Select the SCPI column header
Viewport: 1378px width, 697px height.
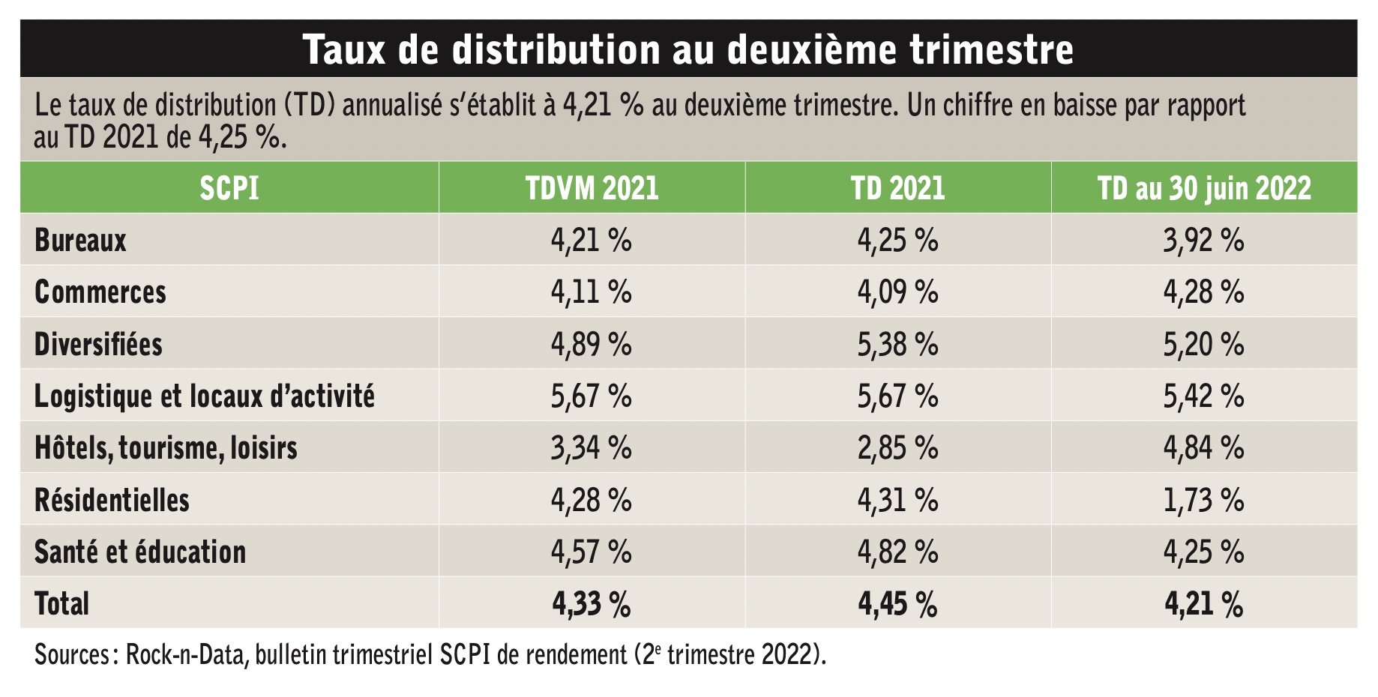pyautogui.click(x=229, y=187)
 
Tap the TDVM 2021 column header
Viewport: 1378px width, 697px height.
pyautogui.click(x=592, y=187)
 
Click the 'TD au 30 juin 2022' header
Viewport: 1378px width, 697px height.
pyautogui.click(x=1204, y=188)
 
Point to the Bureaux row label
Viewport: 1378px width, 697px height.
pyautogui.click(x=80, y=240)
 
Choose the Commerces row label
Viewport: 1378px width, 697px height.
pyautogui.click(x=100, y=292)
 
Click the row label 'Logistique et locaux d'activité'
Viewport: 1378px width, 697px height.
pyautogui.click(x=205, y=396)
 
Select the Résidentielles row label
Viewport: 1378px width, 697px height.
pyautogui.click(x=112, y=500)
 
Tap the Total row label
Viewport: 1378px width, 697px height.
pyautogui.click(x=61, y=603)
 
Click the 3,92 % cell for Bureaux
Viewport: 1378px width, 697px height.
pyautogui.click(x=1204, y=241)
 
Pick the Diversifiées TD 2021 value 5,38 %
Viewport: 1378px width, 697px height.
pyautogui.click(x=898, y=344)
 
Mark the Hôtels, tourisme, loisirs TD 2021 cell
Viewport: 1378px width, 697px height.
pyautogui.click(x=898, y=448)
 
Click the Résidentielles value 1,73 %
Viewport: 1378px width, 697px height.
pyautogui.click(x=1204, y=500)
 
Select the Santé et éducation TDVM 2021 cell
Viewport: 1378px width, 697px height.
pyautogui.click(x=592, y=552)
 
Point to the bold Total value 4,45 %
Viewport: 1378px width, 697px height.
pyautogui.click(x=898, y=604)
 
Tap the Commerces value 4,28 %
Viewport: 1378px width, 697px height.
pyautogui.click(x=1204, y=292)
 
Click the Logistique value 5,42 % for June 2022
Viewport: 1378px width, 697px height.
pyautogui.click(x=1204, y=396)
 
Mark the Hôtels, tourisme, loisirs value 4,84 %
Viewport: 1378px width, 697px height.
pyautogui.click(x=1204, y=448)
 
